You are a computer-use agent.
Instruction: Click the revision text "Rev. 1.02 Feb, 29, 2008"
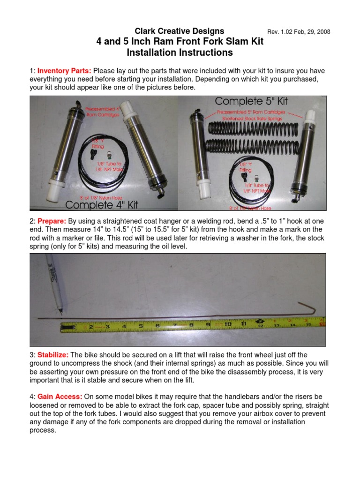299,32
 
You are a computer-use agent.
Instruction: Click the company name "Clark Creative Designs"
176,31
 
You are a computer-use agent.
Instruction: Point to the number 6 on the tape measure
157,325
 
